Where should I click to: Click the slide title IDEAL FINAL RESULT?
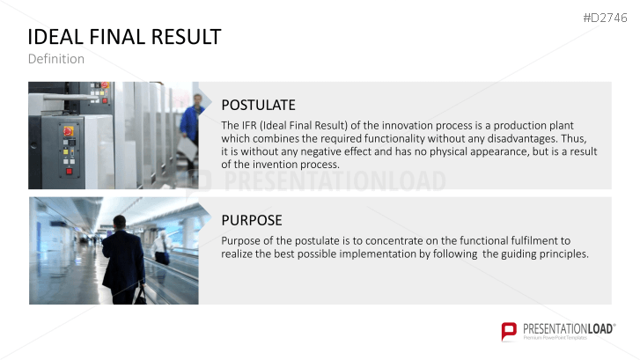(124, 37)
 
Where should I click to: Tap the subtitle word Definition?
(56, 59)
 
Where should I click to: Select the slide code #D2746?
(605, 18)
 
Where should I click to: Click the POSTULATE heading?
(258, 105)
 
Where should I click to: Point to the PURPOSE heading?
(252, 220)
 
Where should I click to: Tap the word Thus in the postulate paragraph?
(574, 139)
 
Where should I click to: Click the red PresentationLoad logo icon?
(509, 331)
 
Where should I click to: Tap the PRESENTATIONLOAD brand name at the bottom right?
(569, 329)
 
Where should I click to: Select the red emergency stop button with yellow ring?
(68, 131)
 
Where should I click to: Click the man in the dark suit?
(123, 260)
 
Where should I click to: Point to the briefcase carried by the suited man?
(140, 297)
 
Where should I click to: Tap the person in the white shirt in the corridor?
(162, 247)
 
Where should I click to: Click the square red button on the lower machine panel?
(69, 172)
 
